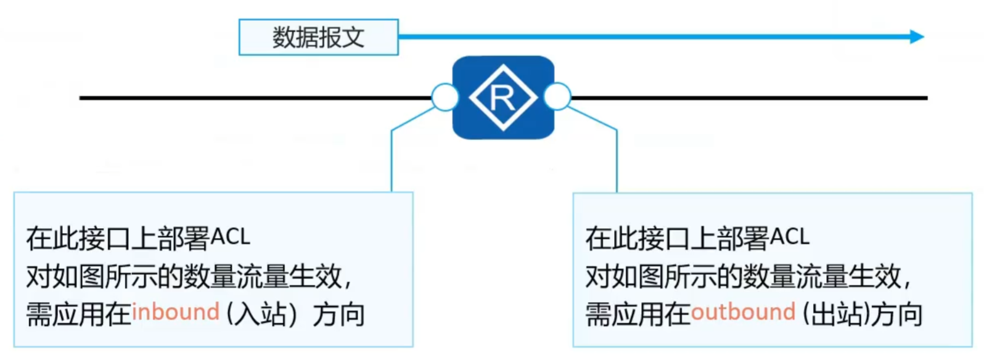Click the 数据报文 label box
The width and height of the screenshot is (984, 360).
(318, 37)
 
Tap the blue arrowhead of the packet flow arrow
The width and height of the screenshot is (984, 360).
(916, 37)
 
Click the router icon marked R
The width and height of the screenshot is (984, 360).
(503, 97)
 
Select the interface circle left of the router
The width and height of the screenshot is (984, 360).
(445, 97)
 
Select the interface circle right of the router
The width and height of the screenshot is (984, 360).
(557, 97)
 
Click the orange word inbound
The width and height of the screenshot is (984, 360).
(176, 312)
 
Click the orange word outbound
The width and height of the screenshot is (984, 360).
(743, 312)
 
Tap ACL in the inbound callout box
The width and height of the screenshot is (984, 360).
(231, 237)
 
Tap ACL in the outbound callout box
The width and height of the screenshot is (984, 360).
(790, 237)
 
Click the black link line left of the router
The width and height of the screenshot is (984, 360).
(247, 98)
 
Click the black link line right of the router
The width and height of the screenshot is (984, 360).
(740, 98)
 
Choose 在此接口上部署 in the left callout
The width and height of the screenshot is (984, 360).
(117, 238)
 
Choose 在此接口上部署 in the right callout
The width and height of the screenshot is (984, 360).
(676, 238)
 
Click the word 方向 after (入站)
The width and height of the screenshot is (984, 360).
(339, 314)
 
